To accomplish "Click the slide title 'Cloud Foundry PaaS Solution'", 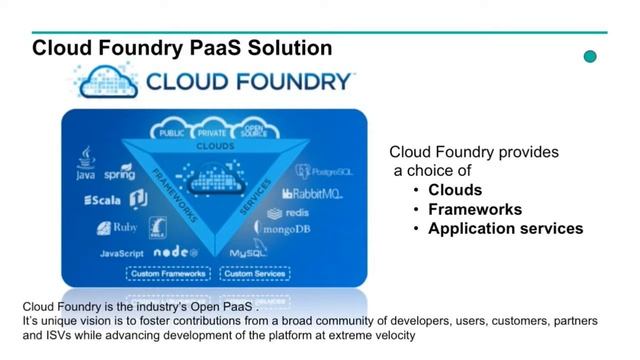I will point(181,48).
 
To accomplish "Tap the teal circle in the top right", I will point(590,57).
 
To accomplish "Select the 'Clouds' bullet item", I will point(455,190).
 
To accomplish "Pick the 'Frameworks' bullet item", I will point(475,209).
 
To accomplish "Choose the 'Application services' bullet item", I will point(505,228).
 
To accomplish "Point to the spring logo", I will point(119,172).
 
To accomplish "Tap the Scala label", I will point(102,200).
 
